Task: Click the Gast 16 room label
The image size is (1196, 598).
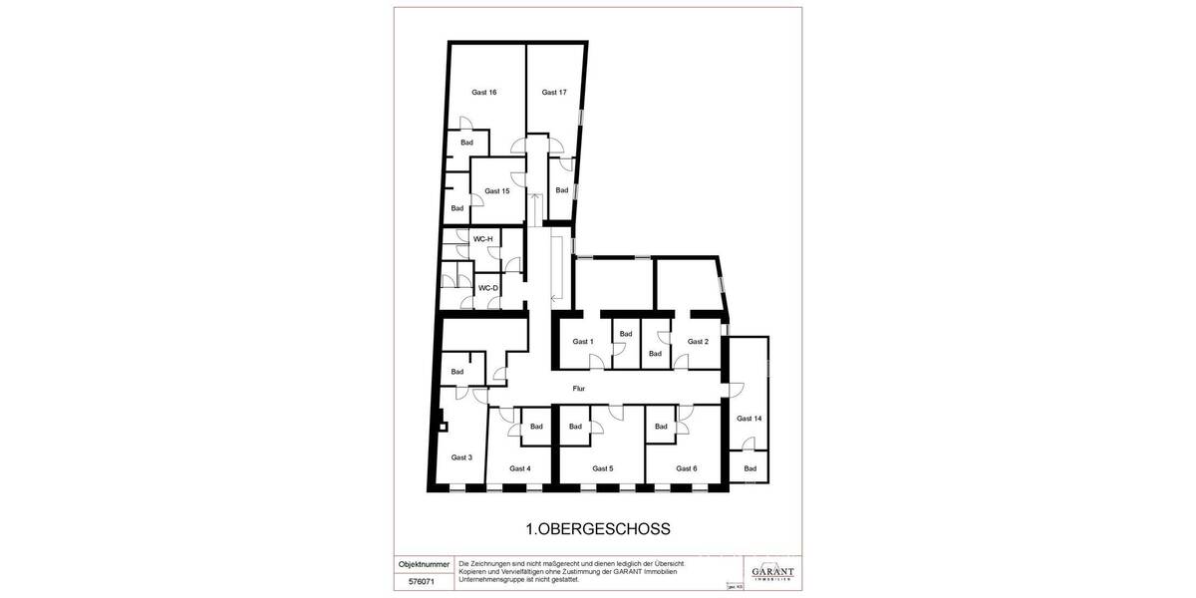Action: coord(484,93)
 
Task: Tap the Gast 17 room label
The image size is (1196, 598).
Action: coord(554,93)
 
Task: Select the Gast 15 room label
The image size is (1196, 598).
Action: coord(497,191)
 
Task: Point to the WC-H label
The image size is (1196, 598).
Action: coord(483,239)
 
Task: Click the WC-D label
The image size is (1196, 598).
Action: coord(487,288)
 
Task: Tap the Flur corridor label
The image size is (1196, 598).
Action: coord(578,389)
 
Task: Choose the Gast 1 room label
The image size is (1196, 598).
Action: coord(583,342)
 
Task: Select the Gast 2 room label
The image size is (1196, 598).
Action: coord(699,342)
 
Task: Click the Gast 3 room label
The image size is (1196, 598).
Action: coord(461,457)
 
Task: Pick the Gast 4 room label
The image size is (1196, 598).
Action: coord(520,468)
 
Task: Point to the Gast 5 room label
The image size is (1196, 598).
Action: coord(603,468)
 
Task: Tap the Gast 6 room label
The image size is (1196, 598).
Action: coord(686,468)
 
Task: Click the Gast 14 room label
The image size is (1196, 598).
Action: coord(749,419)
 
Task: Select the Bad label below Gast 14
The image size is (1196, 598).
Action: coord(749,468)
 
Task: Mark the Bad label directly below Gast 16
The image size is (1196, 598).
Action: coord(466,143)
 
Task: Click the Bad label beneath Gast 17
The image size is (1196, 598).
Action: coord(561,190)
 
